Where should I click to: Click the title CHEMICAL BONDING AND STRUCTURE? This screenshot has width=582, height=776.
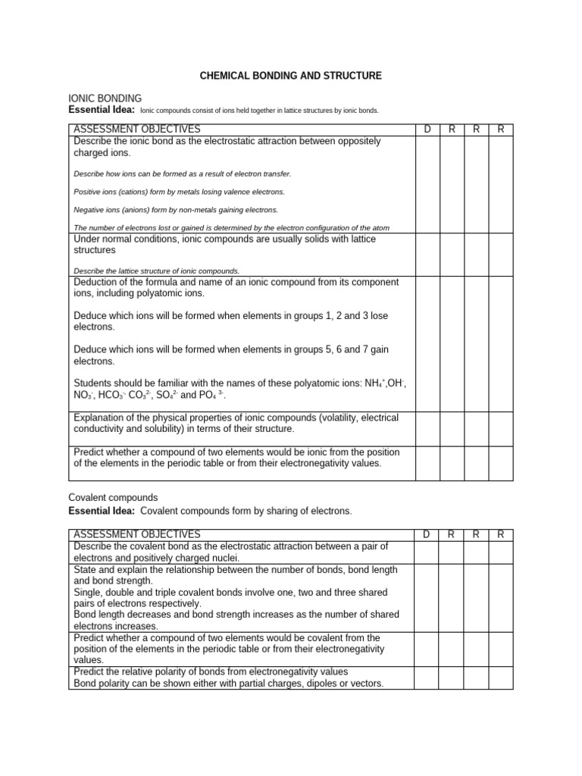click(290, 77)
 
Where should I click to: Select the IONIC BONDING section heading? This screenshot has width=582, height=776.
click(105, 99)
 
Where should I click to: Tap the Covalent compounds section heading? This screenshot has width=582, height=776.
click(113, 498)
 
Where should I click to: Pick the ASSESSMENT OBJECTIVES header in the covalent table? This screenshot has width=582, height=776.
click(136, 535)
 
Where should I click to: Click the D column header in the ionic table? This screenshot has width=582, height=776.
click(427, 130)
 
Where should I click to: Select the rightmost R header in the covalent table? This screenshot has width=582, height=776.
click(500, 535)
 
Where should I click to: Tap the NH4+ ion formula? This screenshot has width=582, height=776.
click(374, 383)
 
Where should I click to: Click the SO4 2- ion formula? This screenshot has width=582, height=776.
click(167, 396)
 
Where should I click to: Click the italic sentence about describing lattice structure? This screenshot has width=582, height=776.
click(156, 271)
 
